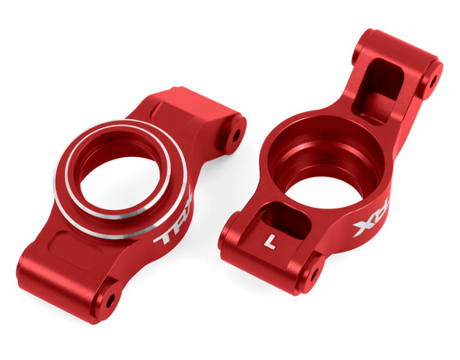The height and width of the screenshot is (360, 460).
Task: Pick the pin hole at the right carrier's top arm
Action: [x=433, y=80]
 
